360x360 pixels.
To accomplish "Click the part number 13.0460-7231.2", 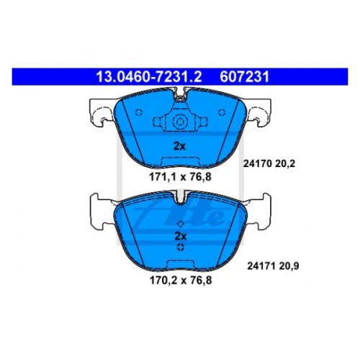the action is (149, 77).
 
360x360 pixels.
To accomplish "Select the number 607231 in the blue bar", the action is (245, 77).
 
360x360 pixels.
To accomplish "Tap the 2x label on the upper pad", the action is (179, 146).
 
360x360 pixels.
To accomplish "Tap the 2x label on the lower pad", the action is (181, 236).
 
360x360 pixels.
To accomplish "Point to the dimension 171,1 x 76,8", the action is (180, 177).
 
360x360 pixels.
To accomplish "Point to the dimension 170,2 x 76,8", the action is (181, 280).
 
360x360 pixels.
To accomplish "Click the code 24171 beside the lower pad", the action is (261, 266).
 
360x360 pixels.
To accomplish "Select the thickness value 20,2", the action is (286, 164).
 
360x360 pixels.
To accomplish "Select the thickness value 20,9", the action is (289, 266).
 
